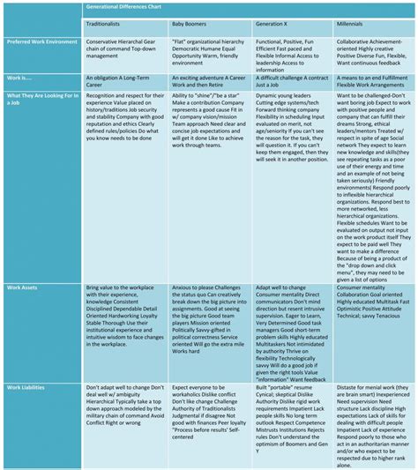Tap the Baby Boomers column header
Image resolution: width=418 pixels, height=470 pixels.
coord(190,24)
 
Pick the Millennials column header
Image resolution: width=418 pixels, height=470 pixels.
coord(355,24)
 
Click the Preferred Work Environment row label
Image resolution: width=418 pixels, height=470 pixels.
coord(39,41)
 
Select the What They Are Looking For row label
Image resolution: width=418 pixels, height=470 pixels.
coord(40,97)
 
